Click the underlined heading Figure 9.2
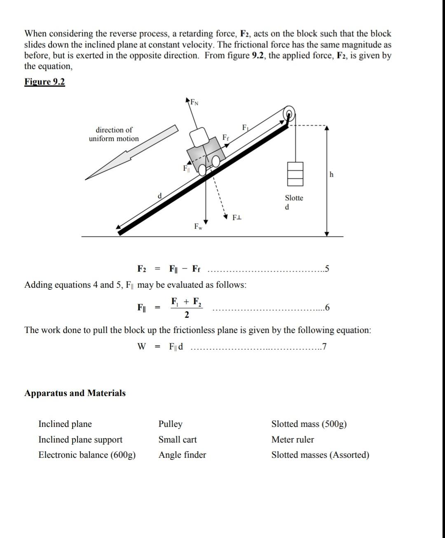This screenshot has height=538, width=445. [x=44, y=82]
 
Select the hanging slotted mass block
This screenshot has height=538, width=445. [x=295, y=173]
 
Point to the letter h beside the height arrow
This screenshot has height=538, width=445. [x=332, y=175]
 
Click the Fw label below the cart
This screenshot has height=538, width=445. [x=198, y=227]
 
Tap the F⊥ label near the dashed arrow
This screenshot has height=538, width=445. [x=237, y=217]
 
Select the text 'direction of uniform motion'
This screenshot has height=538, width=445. [x=114, y=134]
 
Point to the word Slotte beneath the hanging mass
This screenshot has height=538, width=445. [x=294, y=198]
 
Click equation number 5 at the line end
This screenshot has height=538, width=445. [x=327, y=269]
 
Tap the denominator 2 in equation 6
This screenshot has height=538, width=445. [x=187, y=315]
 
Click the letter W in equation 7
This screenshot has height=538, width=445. [x=141, y=347]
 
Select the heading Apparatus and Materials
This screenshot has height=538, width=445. [x=75, y=393]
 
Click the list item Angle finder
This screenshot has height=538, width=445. [x=182, y=455]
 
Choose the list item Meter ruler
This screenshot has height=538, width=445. [x=293, y=440]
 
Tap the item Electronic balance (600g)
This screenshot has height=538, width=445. [x=87, y=455]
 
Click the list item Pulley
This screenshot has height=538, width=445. [x=170, y=424]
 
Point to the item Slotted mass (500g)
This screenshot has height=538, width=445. [x=309, y=424]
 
